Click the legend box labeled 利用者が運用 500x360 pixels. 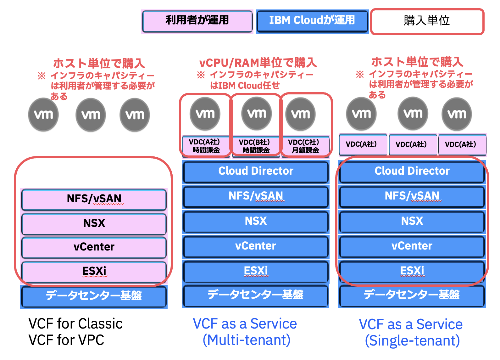coord(197,21)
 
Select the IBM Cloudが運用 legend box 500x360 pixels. coord(312,21)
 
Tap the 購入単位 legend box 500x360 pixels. coord(427,21)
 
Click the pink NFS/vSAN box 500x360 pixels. coord(94,199)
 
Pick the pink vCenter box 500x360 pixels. coord(94,247)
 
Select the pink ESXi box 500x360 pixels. coord(94,271)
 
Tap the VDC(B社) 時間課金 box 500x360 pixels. coord(255,146)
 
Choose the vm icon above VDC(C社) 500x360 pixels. coord(300,114)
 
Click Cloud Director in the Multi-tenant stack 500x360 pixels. coord(255,171)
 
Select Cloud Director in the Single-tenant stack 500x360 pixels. coord(412,171)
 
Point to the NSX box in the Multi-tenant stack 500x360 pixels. coord(255,221)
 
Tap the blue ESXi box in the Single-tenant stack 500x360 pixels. coord(412,271)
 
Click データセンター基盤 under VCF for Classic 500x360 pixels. coord(94,296)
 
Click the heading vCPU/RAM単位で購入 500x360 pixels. coord(258,63)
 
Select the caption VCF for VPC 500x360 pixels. coord(66,340)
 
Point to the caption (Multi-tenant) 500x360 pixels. coord(246,340)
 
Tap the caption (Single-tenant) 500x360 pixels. coord(412,341)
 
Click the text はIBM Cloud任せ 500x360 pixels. coord(245,86)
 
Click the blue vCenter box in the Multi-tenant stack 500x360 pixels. coord(255,246)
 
